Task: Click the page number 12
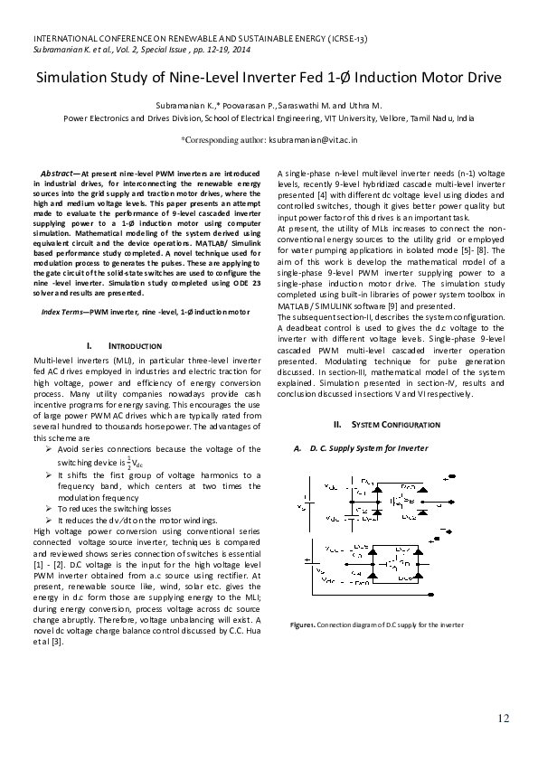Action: [503, 719]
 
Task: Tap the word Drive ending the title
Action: [480, 78]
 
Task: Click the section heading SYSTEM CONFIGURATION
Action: [376, 424]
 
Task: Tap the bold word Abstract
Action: [60, 172]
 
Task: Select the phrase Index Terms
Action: [63, 311]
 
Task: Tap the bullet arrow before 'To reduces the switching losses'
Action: [50, 509]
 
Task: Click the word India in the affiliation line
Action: [465, 117]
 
